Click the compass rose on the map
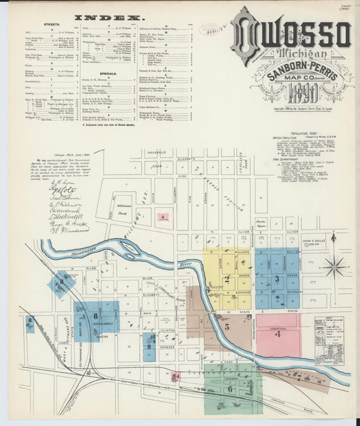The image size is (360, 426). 334,266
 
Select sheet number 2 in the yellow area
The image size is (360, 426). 228,278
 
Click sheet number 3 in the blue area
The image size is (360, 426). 276,278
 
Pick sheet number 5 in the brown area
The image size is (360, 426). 227,327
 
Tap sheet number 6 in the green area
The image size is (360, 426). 230,388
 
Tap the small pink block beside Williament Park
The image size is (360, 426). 163,217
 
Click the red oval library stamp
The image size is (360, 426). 207,29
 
